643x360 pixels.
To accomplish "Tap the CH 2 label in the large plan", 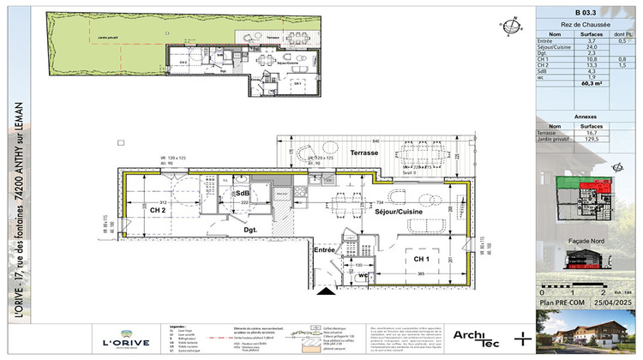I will [156, 209].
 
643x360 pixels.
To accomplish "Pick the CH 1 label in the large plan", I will [420, 258].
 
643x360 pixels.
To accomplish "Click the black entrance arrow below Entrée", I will [326, 292].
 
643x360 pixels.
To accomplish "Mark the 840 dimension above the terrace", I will [375, 141].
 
